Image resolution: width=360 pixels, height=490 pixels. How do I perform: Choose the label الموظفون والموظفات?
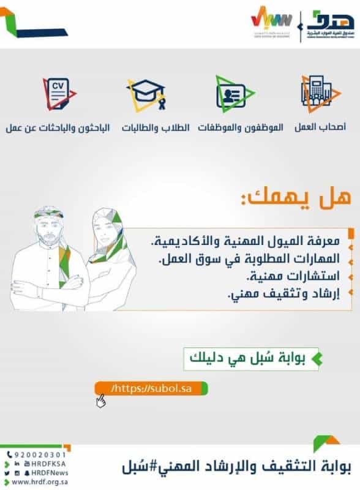[240, 128]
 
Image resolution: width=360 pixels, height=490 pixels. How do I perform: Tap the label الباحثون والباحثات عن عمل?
[58, 128]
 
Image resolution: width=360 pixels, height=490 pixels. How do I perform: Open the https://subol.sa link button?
[151, 389]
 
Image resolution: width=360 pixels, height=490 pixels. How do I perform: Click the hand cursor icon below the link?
[100, 402]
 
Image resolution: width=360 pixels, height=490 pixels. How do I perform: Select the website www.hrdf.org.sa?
[37, 483]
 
